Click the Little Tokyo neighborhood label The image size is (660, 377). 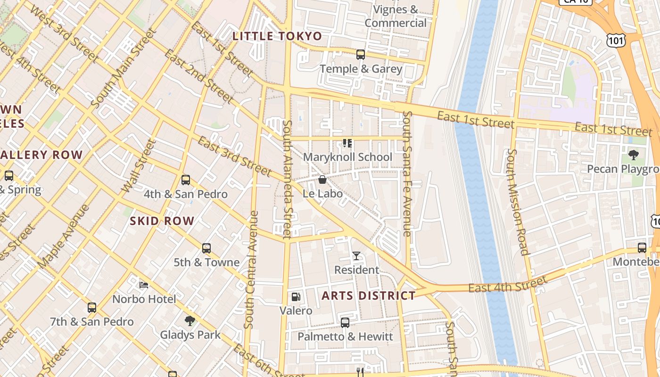277,36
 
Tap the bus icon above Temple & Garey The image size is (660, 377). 361,55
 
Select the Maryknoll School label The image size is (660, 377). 347,157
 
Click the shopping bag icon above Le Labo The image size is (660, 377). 322,180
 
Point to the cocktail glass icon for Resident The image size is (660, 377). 356,256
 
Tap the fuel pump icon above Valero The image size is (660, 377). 296,296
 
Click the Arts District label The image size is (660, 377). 369,296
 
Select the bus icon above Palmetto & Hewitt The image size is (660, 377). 345,323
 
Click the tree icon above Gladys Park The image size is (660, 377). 190,321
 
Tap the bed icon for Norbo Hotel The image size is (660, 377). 144,285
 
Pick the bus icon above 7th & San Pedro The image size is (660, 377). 92,308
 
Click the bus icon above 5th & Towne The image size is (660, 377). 206,248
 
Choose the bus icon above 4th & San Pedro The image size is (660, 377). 186,180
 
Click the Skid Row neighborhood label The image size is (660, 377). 162,221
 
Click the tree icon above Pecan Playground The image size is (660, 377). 634,155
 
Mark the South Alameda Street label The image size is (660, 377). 287,179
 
